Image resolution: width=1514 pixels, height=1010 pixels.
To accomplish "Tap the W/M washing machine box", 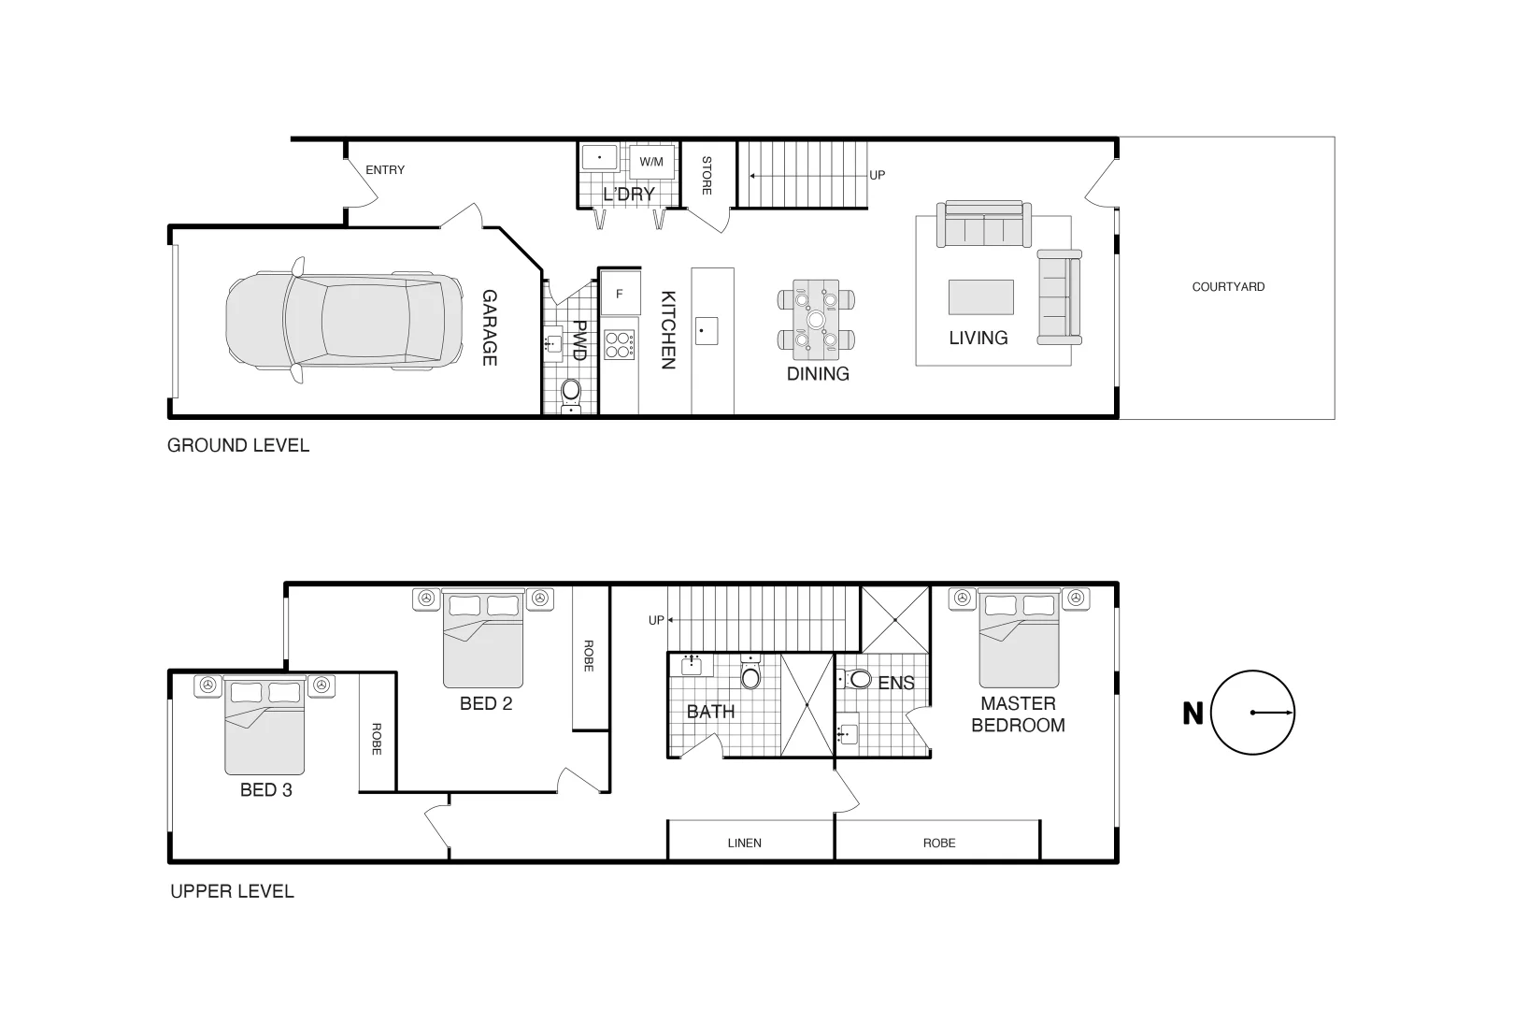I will tap(650, 162).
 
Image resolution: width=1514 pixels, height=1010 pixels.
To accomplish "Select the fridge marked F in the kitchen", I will tap(620, 294).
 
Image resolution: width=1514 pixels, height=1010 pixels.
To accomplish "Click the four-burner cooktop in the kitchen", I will tap(619, 346).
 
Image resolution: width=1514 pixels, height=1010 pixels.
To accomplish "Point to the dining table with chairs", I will tap(816, 320).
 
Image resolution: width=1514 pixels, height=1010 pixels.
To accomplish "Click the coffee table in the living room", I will tap(980, 297).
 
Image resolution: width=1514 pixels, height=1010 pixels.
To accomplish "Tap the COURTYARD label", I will tap(1228, 287).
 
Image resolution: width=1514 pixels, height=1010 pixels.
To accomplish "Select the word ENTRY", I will tap(385, 170).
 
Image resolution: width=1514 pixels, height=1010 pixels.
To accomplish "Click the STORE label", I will tap(707, 175).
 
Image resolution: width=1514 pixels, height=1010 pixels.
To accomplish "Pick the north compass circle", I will tap(1252, 713).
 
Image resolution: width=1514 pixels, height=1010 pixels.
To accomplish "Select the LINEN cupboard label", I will tap(744, 843).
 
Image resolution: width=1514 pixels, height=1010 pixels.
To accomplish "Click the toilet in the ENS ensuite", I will tap(860, 680).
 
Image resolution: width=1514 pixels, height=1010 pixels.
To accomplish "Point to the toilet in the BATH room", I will tap(750, 675).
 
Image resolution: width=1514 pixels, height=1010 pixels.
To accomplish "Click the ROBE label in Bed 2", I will tap(589, 656).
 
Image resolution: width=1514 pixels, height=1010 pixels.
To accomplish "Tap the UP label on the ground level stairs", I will tap(878, 175).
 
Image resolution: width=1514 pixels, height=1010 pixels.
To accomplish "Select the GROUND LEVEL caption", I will tap(238, 446).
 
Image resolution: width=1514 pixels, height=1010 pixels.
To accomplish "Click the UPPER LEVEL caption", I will tap(232, 892).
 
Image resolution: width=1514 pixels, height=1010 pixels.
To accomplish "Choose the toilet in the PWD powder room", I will tap(571, 389).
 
